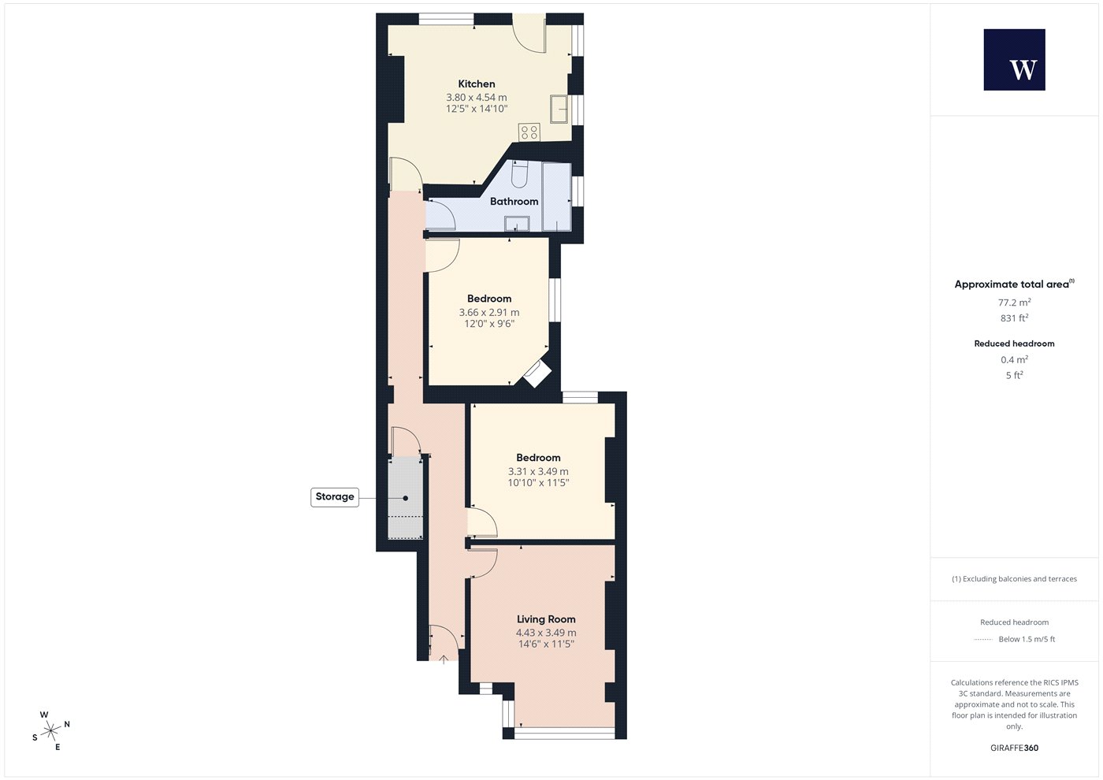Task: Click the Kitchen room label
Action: coord(476,84)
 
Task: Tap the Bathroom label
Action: coord(514,201)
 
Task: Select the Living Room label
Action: coord(545,619)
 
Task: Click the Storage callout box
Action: coord(335,497)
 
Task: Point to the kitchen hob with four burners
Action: coord(529,132)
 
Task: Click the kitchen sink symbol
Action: coord(559,109)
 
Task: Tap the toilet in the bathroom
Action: coord(519,174)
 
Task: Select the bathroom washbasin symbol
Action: coord(517,224)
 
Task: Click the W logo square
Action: coord(1015,60)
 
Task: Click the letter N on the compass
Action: coord(67,724)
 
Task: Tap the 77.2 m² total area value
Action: coord(1015,303)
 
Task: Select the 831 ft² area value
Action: coord(1015,318)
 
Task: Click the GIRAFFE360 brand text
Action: coord(1015,748)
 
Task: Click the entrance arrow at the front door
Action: coord(443,660)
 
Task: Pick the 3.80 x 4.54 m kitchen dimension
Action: coord(476,97)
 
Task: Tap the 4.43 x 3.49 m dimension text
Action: coord(545,632)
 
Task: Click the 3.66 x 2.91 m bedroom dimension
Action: coord(489,312)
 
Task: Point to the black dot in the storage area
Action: coord(405,498)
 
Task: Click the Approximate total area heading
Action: coord(1012,284)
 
